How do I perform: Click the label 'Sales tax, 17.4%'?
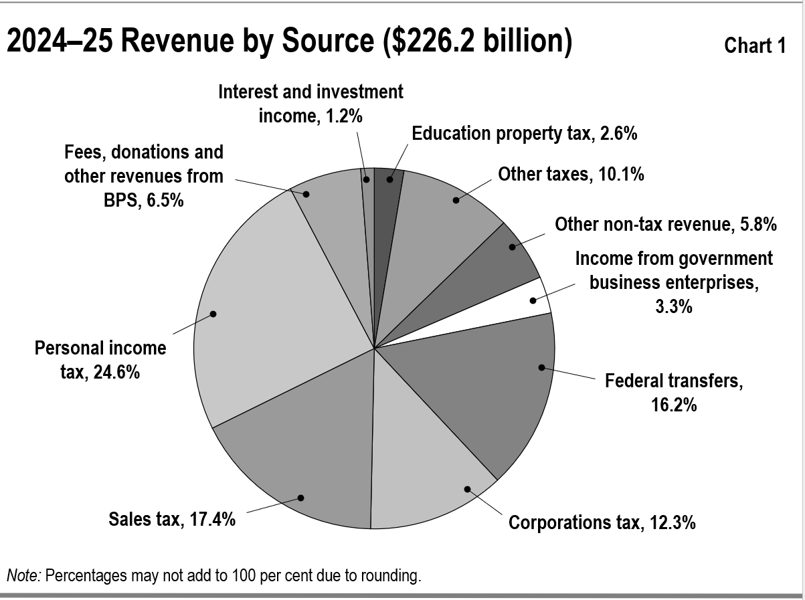[172, 519]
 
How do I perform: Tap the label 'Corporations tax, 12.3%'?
[602, 522]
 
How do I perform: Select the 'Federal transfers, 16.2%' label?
[673, 393]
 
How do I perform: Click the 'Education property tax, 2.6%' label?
[524, 134]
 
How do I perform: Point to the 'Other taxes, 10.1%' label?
[571, 175]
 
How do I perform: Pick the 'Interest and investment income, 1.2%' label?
[311, 104]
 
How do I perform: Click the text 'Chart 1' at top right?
[755, 45]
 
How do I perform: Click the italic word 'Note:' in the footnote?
[23, 575]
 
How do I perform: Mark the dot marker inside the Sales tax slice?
[300, 498]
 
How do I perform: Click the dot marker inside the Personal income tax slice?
[213, 313]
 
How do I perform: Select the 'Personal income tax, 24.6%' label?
[100, 360]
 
